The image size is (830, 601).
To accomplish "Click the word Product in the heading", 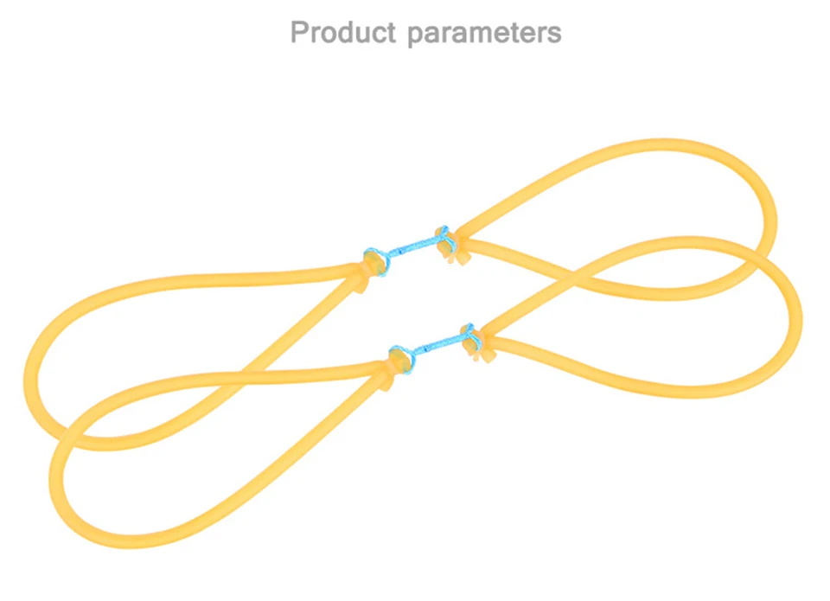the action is point(342,33).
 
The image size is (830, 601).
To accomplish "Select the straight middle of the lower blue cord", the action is point(437,343).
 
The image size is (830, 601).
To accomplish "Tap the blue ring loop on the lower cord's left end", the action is point(400,357).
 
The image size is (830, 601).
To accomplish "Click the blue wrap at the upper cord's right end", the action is point(442,234).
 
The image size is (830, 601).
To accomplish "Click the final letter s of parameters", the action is point(553,35).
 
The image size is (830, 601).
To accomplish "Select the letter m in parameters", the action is point(483,35).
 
